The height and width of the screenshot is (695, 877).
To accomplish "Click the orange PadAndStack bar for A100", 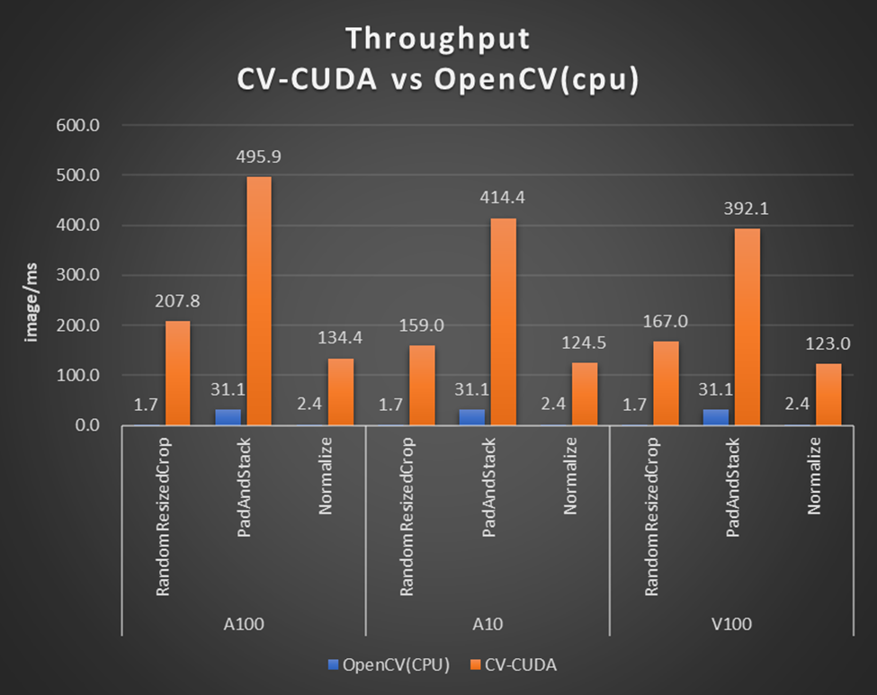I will (259, 300).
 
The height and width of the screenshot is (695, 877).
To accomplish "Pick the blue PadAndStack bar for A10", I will (471, 417).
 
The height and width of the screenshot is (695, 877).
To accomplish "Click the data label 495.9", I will (260, 156).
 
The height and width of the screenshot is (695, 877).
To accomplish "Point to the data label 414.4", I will (504, 197).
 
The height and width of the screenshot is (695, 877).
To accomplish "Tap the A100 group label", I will (243, 623).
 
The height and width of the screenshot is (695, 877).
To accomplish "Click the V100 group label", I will (732, 623).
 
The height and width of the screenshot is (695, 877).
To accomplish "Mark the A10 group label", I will (488, 623).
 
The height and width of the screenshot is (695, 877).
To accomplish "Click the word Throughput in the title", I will (438, 40).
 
